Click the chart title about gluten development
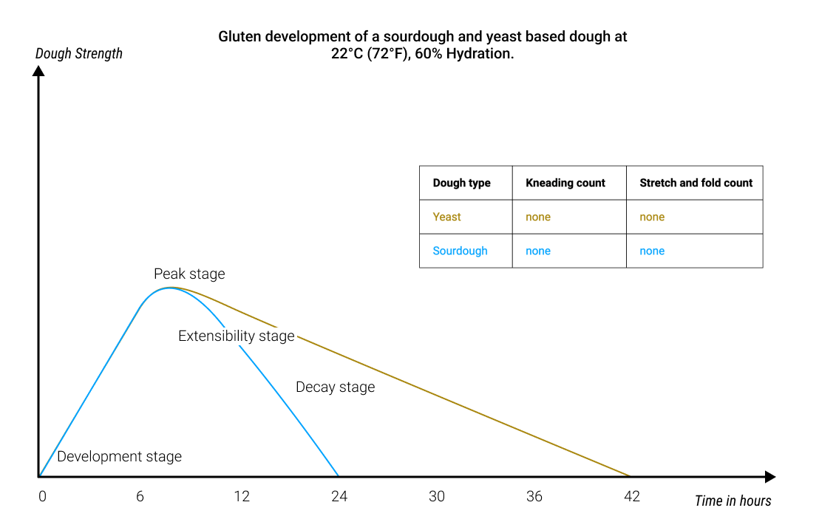click(x=422, y=45)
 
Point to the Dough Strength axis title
click(x=79, y=53)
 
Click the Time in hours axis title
click(x=733, y=501)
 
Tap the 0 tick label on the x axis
click(x=42, y=496)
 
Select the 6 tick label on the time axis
click(x=140, y=496)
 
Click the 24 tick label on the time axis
click(x=339, y=496)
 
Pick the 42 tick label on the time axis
click(x=632, y=496)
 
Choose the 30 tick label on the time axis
click(x=437, y=496)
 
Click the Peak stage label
click(x=189, y=274)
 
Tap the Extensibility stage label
click(x=237, y=336)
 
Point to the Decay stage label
click(x=335, y=387)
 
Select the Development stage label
click(x=119, y=456)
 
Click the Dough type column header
click(x=461, y=183)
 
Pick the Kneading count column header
click(x=565, y=183)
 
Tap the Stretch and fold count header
click(x=696, y=183)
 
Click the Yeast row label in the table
click(x=446, y=217)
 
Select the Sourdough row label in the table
click(x=460, y=251)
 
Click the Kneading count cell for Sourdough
click(x=538, y=251)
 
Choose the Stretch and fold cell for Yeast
click(x=652, y=217)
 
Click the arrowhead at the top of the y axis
click(x=39, y=71)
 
